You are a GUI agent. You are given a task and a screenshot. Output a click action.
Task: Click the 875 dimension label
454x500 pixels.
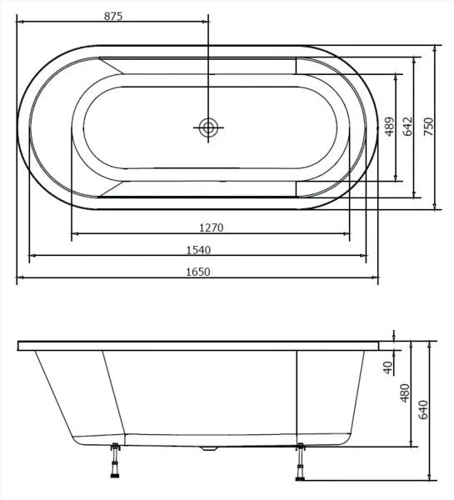coord(113,16)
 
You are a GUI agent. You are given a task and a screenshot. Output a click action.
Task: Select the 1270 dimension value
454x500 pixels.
coord(211,227)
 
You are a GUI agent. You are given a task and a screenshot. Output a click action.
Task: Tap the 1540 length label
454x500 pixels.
coord(198,250)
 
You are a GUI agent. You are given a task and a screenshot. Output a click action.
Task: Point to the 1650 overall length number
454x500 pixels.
coord(198,272)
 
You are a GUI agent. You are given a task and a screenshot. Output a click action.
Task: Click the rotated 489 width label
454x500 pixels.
coord(390,127)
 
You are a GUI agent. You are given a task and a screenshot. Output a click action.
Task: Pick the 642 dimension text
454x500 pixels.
coord(408,127)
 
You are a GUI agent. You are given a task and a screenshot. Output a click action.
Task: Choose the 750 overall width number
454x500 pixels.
coord(429,127)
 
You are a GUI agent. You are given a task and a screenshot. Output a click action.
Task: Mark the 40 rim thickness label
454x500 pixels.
coord(388,367)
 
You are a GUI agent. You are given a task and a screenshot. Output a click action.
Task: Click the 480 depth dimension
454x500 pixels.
coord(405,392)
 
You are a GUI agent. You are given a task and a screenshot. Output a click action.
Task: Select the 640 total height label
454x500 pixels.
coord(423,410)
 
